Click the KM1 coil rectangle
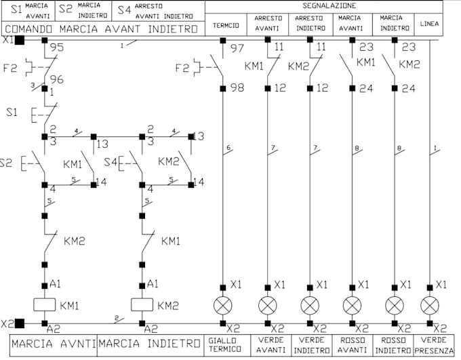[44, 304]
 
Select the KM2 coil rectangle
[142, 304]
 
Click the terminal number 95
[57, 48]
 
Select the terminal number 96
[57, 79]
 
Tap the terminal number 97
[237, 48]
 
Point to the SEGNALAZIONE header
[324, 5]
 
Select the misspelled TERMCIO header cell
[225, 25]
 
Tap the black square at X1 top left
[20, 40]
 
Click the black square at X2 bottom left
[20, 323]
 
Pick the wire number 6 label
[229, 147]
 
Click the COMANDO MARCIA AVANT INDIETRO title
[102, 29]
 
